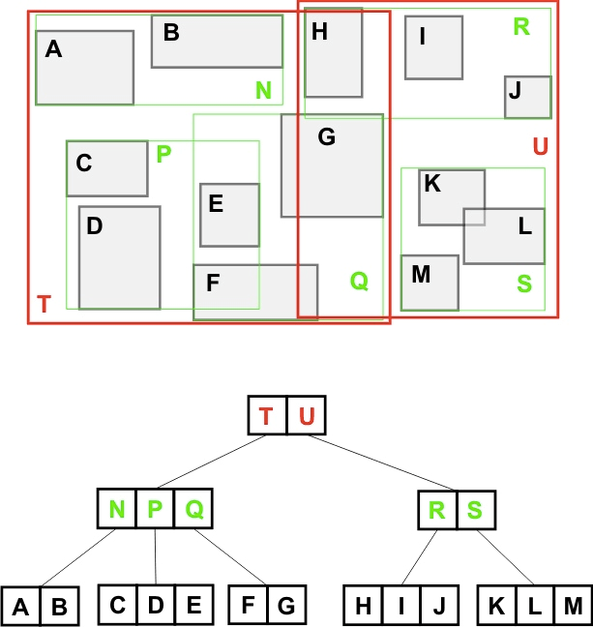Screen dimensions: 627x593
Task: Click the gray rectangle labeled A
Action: [x=84, y=68]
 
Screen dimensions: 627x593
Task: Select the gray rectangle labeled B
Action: [x=217, y=42]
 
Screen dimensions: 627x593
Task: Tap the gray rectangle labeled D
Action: [x=119, y=257]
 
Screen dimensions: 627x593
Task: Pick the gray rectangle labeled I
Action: [x=433, y=47]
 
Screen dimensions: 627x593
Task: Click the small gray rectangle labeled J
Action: [x=527, y=97]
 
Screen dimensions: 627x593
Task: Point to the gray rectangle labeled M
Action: [x=429, y=283]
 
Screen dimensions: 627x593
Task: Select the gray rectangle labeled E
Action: [x=229, y=215]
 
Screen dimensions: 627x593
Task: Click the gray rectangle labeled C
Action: [x=106, y=168]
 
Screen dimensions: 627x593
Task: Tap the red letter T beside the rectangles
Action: [x=44, y=305]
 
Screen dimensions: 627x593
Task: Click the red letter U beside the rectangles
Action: [x=540, y=147]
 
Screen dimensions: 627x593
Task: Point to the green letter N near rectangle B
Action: [x=263, y=91]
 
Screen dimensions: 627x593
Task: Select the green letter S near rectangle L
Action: [x=524, y=284]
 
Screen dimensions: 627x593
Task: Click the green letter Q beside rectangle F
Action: [x=359, y=282]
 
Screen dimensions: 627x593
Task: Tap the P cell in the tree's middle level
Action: [x=155, y=509]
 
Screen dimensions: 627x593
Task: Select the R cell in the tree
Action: [x=437, y=509]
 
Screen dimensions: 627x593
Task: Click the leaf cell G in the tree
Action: [x=286, y=606]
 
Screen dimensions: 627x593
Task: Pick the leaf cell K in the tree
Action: [x=497, y=606]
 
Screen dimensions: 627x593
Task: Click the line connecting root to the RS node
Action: [x=387, y=464]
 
